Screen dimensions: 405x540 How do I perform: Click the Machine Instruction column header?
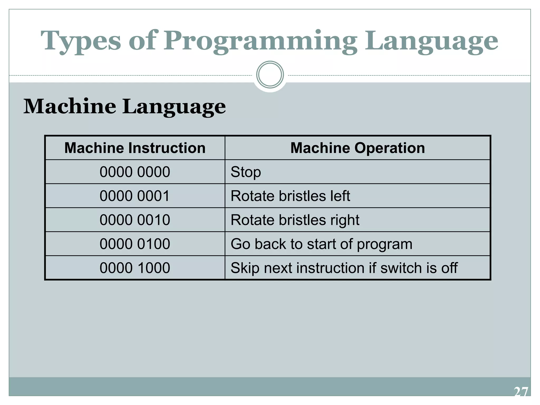tap(135, 148)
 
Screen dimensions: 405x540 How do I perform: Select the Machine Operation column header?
tap(358, 148)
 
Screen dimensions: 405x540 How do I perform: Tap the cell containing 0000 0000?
tap(135, 172)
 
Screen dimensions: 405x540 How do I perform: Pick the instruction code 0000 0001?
tap(135, 196)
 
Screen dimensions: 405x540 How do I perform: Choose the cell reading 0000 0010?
tap(135, 220)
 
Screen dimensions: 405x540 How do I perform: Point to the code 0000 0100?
tap(135, 244)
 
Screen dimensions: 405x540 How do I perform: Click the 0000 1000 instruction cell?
tap(135, 268)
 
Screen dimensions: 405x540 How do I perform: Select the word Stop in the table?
tap(246, 172)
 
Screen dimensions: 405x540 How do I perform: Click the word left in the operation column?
tap(340, 196)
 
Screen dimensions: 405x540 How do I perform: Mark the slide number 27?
tap(521, 392)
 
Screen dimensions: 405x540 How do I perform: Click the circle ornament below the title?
tap(270, 75)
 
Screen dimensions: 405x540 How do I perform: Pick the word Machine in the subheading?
tap(70, 106)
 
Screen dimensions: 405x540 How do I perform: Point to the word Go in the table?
tap(240, 244)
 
